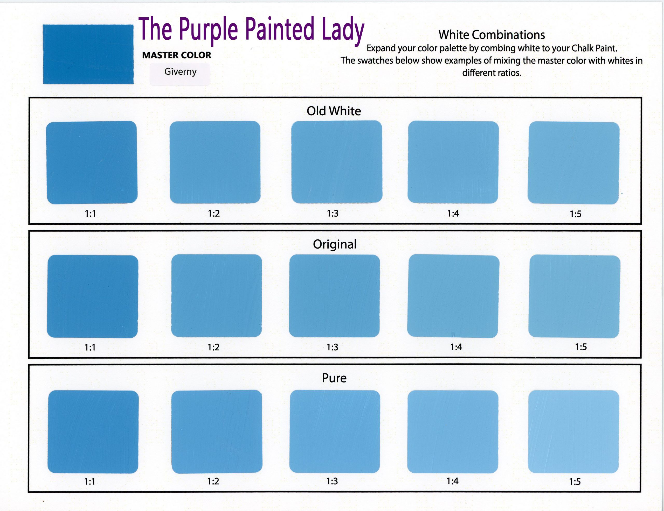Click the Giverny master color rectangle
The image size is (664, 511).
coord(88,54)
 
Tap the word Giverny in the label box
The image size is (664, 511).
coord(180,72)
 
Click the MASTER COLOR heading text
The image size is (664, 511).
coord(177,55)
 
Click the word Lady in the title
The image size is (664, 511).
coord(343,30)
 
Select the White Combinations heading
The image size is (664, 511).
coord(492,35)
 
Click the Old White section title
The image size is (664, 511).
coord(334,111)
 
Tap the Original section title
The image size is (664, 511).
coord(335,245)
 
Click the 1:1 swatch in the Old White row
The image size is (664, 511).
coord(92,162)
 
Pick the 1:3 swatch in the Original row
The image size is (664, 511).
coord(334,296)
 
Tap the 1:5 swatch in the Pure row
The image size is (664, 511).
coord(574,432)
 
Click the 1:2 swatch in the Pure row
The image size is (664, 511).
coord(217,432)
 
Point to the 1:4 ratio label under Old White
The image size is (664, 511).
coord(453,214)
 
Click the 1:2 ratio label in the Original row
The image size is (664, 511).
coord(213,347)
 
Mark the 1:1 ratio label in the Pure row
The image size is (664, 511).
coord(90,481)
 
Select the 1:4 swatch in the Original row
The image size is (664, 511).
coord(453,296)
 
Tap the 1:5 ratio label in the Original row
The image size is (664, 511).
coord(581,347)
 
